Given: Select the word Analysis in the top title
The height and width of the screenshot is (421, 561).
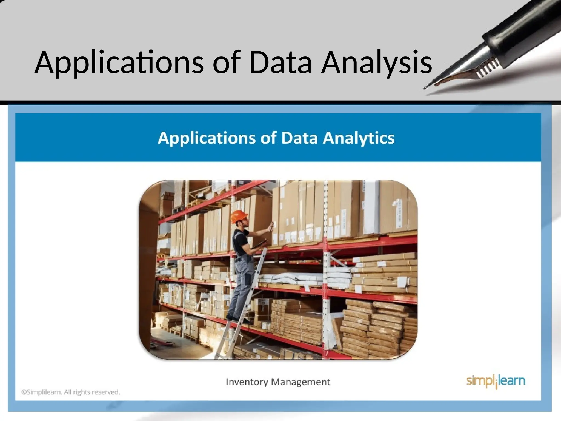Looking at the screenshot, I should point(376,63).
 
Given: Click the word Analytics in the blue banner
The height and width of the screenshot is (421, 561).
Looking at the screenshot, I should point(359,138).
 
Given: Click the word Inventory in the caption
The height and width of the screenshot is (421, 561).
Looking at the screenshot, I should point(247,382).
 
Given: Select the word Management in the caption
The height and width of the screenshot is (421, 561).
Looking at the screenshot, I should point(300,382).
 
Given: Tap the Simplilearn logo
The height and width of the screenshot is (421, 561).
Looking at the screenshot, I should point(496,381).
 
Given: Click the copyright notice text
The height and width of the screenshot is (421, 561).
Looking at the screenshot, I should point(71,392).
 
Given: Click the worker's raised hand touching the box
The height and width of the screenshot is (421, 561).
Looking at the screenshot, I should point(271,226).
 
